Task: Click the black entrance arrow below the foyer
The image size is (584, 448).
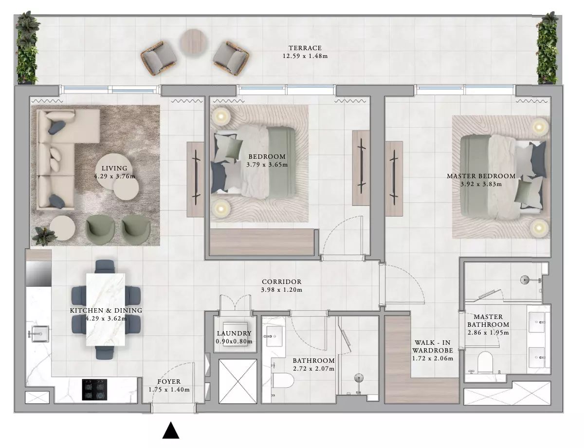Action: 171,430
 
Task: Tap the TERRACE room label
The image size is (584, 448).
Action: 305,48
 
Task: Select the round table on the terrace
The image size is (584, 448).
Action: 194,42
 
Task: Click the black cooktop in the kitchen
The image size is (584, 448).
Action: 94,390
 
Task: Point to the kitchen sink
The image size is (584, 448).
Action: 40,334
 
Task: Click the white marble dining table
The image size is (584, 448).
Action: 105,310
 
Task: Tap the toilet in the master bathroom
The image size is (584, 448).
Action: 485,363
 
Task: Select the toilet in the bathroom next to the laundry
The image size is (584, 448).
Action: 282,380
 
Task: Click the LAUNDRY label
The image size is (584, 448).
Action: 234,334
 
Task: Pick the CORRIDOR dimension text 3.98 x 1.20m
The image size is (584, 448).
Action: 282,290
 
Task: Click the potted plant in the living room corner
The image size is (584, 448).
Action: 44,236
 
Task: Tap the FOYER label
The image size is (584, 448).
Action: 169,382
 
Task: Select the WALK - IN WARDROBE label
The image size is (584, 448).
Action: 433,347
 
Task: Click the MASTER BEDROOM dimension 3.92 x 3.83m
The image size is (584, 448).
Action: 481,184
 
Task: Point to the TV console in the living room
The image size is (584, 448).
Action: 195,179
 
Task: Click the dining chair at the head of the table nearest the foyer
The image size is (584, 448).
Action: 105,353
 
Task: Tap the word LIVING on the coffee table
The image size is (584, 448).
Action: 114,168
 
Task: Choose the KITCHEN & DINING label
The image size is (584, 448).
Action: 106,311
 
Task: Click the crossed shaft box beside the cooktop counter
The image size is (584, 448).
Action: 37,397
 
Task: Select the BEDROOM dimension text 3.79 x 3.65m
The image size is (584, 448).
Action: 267,165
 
